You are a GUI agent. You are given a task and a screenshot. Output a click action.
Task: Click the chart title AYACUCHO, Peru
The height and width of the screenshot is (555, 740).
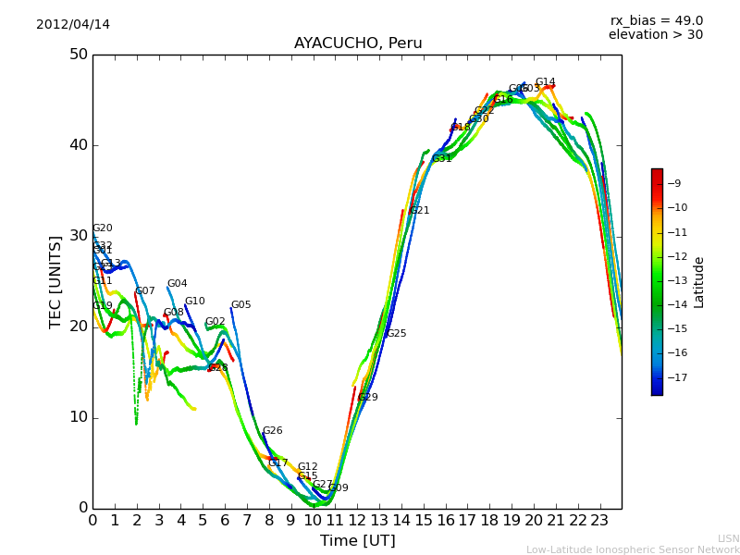[358, 43]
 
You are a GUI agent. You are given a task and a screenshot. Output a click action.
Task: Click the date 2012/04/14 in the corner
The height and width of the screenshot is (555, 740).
[73, 25]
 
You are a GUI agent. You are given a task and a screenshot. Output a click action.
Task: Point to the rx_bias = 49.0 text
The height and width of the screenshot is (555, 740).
[656, 20]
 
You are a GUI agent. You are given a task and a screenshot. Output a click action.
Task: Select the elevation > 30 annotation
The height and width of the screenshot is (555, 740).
[655, 35]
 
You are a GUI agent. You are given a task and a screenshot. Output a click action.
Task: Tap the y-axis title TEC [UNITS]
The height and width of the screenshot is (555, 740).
[55, 281]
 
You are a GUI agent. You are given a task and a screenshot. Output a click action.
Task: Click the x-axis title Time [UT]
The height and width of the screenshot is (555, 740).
[357, 541]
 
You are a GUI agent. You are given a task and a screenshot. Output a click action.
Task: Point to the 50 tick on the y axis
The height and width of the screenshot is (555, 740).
[78, 55]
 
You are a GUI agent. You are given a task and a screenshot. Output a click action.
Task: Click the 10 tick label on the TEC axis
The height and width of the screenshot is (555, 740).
[78, 417]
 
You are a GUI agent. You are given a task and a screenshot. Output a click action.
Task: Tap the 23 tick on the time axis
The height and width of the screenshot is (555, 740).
[599, 520]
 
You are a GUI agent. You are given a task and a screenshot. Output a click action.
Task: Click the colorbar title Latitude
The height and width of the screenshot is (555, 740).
[699, 282]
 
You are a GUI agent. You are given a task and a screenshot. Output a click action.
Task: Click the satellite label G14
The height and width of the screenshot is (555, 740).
[546, 82]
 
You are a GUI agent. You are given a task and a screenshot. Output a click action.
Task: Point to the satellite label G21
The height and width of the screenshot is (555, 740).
[419, 211]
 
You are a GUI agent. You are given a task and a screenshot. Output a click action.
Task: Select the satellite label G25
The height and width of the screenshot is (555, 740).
[396, 334]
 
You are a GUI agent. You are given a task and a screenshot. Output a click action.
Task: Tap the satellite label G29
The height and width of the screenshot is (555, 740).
[367, 398]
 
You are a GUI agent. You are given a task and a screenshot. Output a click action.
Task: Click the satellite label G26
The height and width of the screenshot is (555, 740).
[272, 431]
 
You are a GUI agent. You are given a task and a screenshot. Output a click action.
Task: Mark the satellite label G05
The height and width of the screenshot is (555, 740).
[240, 305]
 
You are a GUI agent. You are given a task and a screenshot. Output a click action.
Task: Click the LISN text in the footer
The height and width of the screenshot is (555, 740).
[728, 538]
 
